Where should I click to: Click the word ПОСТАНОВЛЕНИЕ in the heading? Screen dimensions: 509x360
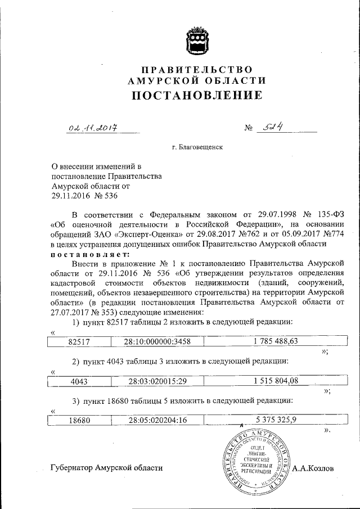(197, 95)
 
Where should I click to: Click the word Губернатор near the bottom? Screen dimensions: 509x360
(71, 467)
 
